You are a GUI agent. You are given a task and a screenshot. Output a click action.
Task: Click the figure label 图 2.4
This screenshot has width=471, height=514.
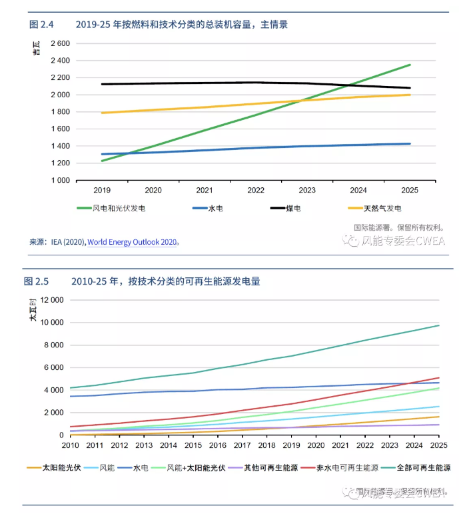point(41,25)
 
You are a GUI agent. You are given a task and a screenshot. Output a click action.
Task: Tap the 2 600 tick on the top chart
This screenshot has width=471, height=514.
point(60,43)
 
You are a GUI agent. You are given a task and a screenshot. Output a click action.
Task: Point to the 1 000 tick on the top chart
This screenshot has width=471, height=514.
point(60,180)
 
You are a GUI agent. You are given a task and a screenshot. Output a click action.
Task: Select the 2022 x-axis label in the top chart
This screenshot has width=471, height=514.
point(256,190)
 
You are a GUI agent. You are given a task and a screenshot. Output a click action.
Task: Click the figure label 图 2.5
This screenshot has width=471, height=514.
point(37,281)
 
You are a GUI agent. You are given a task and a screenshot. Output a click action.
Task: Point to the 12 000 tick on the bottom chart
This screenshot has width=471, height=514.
point(51,300)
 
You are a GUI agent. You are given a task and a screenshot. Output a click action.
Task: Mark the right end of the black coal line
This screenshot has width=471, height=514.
point(410,88)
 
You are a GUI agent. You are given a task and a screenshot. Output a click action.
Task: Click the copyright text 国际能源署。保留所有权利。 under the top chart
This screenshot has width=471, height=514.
point(398,227)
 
